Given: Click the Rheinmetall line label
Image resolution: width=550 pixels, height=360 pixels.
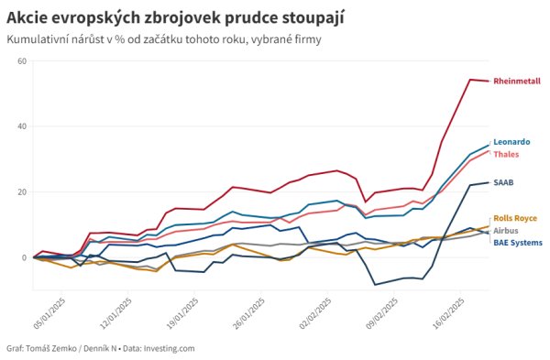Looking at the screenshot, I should click(x=517, y=81).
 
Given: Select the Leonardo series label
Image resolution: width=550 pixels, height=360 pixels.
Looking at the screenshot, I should click(x=511, y=142).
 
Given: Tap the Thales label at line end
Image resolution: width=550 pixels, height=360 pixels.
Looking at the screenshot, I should click(x=506, y=154).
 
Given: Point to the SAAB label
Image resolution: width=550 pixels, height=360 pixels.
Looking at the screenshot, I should click(x=503, y=182).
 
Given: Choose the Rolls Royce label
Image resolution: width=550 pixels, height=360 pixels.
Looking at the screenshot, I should click(x=515, y=219).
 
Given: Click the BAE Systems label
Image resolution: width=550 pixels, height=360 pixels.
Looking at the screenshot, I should click(x=517, y=243).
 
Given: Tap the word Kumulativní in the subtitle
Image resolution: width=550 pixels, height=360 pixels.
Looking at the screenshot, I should click(x=38, y=39).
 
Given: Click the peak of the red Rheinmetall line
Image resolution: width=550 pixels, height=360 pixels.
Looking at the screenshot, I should click(x=470, y=80).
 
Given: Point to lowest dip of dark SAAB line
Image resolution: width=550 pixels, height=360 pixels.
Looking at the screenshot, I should click(x=374, y=285).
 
